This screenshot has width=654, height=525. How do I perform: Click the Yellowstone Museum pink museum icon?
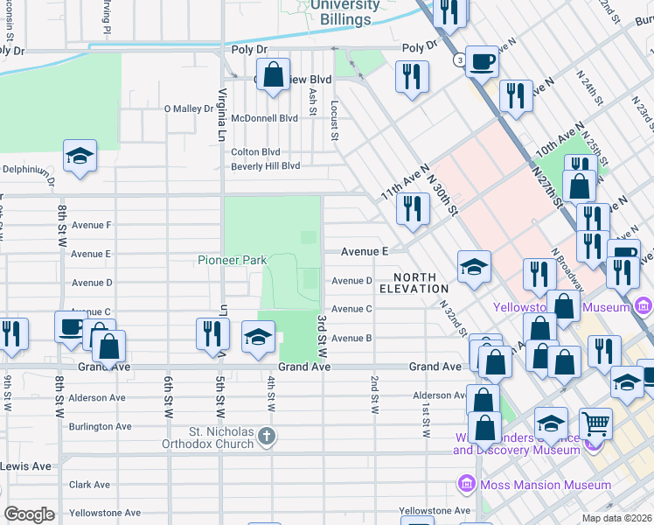click(644, 306)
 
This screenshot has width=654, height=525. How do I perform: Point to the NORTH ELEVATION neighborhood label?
click(414, 282)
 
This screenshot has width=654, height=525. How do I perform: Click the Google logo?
click(29, 514)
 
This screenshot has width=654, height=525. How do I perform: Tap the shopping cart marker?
click(595, 424)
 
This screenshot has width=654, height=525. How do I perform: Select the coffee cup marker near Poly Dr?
click(481, 62)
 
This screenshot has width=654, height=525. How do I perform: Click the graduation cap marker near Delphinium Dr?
click(80, 157)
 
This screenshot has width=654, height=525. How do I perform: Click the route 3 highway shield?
click(458, 60)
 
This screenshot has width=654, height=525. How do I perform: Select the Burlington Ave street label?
click(100, 426)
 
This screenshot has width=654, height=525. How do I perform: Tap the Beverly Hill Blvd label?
click(265, 165)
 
